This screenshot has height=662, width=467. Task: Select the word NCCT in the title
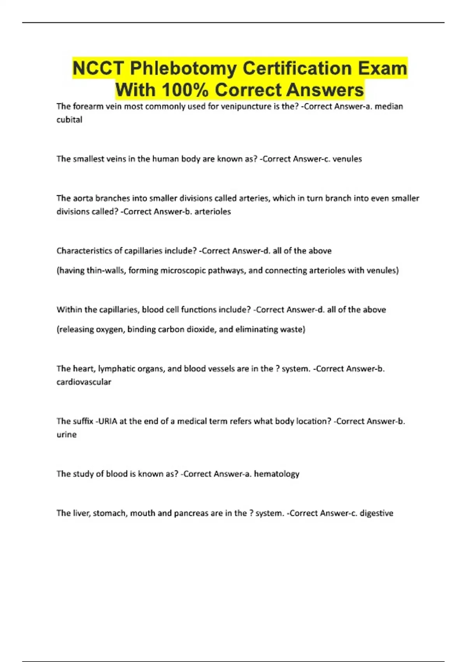pyautogui.click(x=98, y=69)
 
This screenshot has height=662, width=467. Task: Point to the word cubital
pyautogui.click(x=69, y=120)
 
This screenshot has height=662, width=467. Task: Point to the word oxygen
pyautogui.click(x=109, y=329)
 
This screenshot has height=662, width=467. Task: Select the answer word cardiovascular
pyautogui.click(x=84, y=382)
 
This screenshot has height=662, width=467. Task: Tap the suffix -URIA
pyautogui.click(x=106, y=421)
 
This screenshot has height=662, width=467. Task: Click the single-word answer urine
pyautogui.click(x=67, y=435)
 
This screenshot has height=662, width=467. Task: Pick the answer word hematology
pyautogui.click(x=277, y=474)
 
